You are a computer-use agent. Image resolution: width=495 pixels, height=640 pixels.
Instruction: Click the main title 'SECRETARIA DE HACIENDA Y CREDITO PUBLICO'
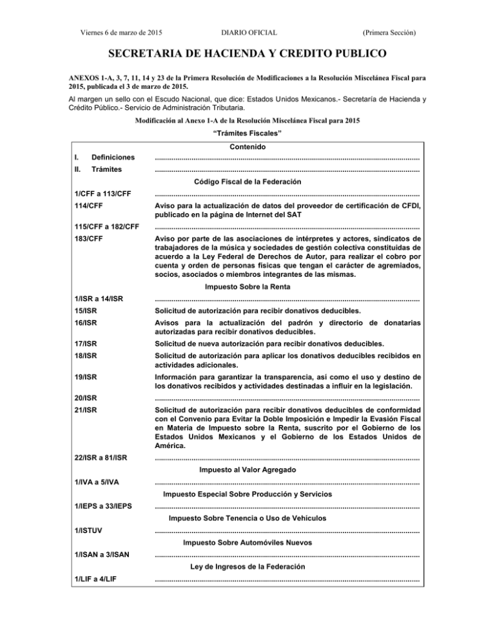(247, 52)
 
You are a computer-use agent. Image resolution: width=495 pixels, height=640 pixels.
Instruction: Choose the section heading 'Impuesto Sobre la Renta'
(247, 287)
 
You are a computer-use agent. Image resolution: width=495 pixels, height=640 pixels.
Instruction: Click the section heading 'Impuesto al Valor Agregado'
(247, 470)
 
